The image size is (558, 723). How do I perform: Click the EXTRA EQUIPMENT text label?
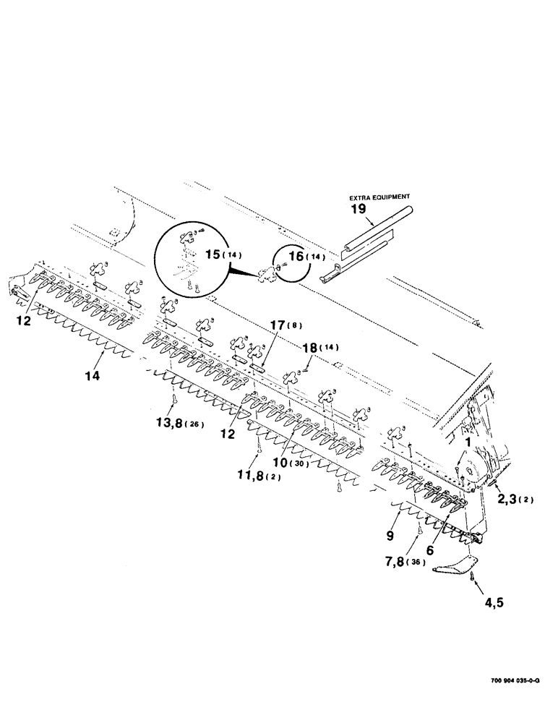point(380,196)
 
